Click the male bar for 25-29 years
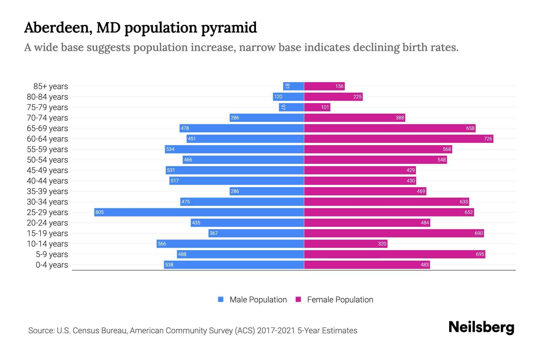[x=199, y=212]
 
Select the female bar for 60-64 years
[x=398, y=139]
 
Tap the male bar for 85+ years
[x=293, y=86]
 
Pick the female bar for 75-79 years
[x=317, y=107]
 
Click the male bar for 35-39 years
[x=267, y=191]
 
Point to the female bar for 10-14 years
[x=346, y=244]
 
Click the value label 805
[x=100, y=212]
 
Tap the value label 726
[x=488, y=139]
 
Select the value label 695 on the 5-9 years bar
[x=480, y=254]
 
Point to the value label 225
[x=357, y=97]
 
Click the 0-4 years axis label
[x=52, y=265]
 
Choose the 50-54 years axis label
[x=47, y=160]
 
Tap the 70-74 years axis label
[x=47, y=118]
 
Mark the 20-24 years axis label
[x=47, y=223]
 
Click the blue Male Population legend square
[x=221, y=299]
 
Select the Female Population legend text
[x=340, y=299]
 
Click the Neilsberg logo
[x=481, y=327]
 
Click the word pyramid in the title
[x=229, y=28]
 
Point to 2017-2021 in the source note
[x=276, y=331]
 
